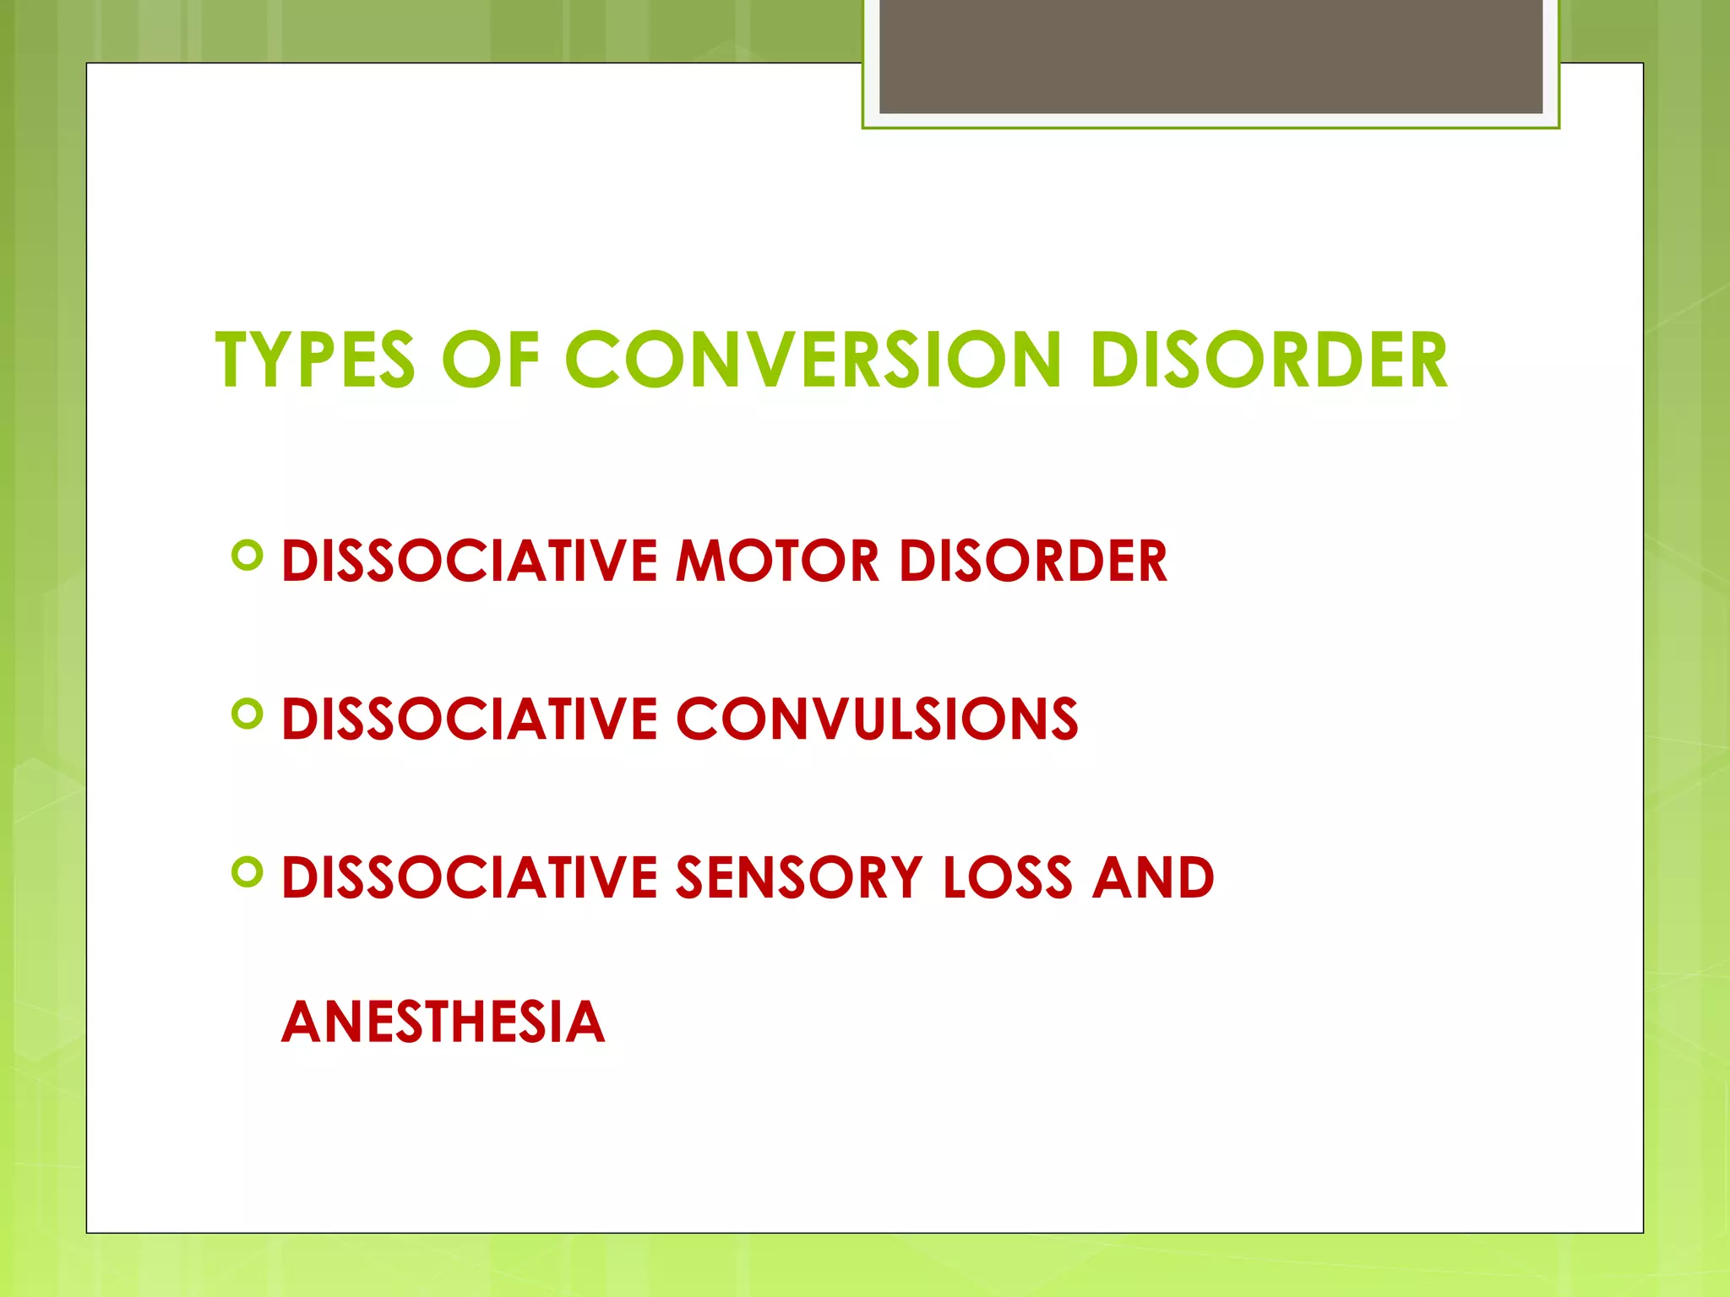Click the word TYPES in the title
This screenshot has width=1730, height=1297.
pyautogui.click(x=315, y=361)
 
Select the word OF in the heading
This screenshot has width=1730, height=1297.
pyautogui.click(x=490, y=361)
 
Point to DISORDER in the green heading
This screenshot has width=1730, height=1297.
pyautogui.click(x=1270, y=361)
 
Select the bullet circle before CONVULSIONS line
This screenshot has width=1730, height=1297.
pyautogui.click(x=247, y=714)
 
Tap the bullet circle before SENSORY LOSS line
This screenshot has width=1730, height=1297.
pyautogui.click(x=247, y=872)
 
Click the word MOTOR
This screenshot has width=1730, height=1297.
pyautogui.click(x=777, y=561)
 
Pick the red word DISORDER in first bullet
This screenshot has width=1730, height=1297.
pyautogui.click(x=1032, y=561)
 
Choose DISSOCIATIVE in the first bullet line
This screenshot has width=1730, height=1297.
pyautogui.click(x=469, y=561)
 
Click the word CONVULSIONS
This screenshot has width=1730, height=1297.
pyautogui.click(x=876, y=719)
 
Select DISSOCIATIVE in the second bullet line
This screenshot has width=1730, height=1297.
pyautogui.click(x=469, y=719)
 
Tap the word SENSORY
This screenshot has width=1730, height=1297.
pyautogui.click(x=798, y=877)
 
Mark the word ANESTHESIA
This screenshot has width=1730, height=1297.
pyautogui.click(x=443, y=1023)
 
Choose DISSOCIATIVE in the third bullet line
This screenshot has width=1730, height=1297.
pyautogui.click(x=469, y=877)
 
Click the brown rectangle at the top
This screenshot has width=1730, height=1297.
pyautogui.click(x=1210, y=56)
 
